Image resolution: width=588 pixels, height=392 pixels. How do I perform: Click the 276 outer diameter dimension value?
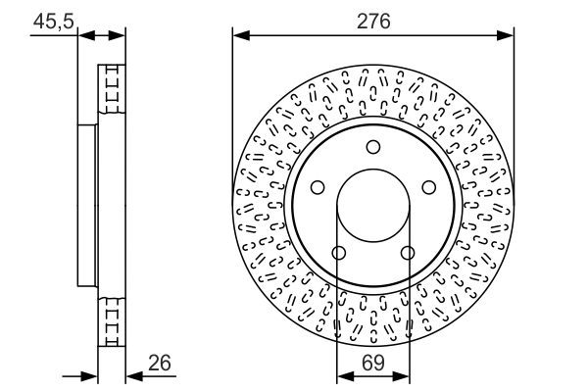pyautogui.click(x=373, y=19)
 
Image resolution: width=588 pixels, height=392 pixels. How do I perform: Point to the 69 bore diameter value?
pyautogui.click(x=372, y=363)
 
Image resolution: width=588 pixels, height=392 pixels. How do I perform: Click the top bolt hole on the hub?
pyautogui.click(x=372, y=147)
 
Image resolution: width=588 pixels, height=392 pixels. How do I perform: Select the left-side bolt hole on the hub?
pyautogui.click(x=318, y=188)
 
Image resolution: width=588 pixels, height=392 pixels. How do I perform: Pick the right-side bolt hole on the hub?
pyautogui.click(x=428, y=188)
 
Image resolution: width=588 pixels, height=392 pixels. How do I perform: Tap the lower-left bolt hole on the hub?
pyautogui.click(x=339, y=254)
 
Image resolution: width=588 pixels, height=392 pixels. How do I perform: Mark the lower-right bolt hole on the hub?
pyautogui.click(x=407, y=254)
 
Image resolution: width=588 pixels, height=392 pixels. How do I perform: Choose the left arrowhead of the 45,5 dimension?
pyautogui.click(x=84, y=35)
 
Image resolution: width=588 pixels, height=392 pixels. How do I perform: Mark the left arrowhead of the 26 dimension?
pyautogui.click(x=92, y=375)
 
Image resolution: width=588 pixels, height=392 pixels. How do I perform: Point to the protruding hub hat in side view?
pyautogui.click(x=86, y=206)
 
